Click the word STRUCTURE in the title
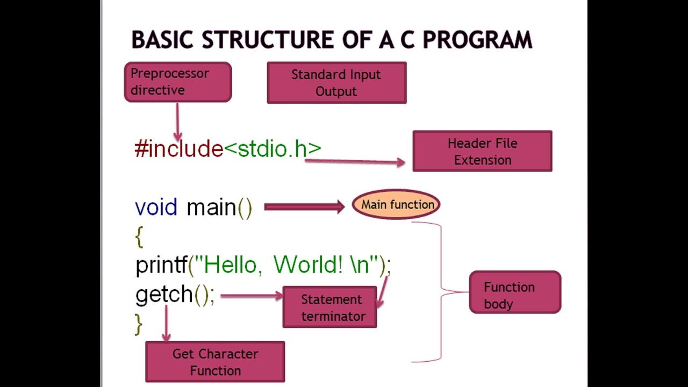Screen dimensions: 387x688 [x=268, y=40]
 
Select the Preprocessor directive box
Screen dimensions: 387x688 [x=178, y=82]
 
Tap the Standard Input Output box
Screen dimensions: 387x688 [x=336, y=83]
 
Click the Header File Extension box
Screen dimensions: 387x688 [x=482, y=152]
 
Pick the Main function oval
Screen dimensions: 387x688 [x=397, y=205]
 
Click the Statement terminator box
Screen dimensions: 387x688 [x=329, y=307]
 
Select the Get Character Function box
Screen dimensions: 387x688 [x=215, y=362]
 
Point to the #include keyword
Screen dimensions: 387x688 [x=178, y=149]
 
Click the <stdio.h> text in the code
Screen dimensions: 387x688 [x=273, y=149]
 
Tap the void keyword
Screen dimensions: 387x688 [x=156, y=207]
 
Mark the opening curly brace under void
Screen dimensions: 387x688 [x=139, y=236]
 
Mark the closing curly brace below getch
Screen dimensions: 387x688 [x=139, y=324]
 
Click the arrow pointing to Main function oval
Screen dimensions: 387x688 [x=304, y=207]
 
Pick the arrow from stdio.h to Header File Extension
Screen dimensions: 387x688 [x=355, y=162]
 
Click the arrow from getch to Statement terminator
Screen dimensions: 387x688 [x=250, y=295]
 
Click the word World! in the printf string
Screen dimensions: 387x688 [x=307, y=265]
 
